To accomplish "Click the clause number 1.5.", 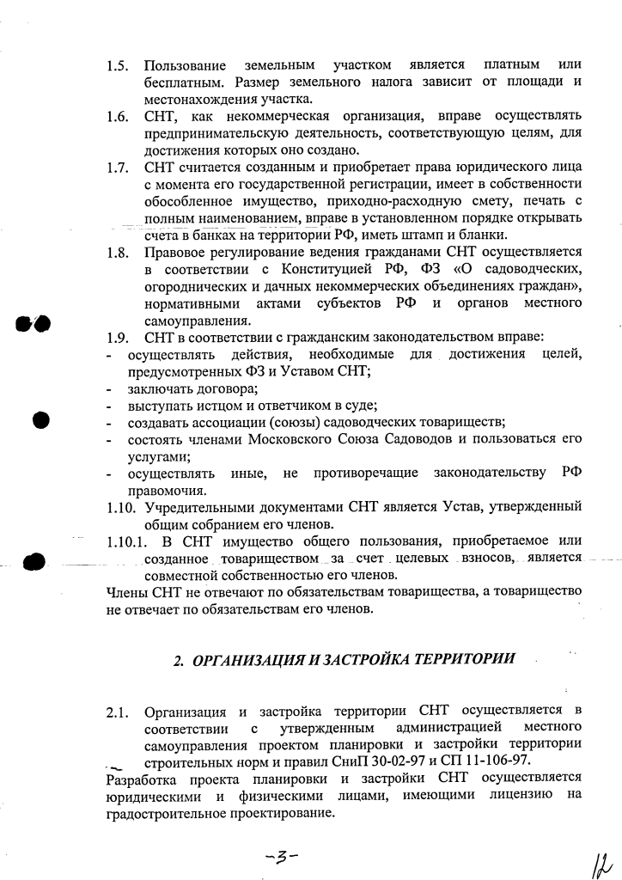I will coord(118,66).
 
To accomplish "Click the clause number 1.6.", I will coord(118,116).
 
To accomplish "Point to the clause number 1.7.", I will coord(118,168).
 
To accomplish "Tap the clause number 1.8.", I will coord(118,253).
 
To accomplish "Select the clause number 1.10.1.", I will coord(127,541).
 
